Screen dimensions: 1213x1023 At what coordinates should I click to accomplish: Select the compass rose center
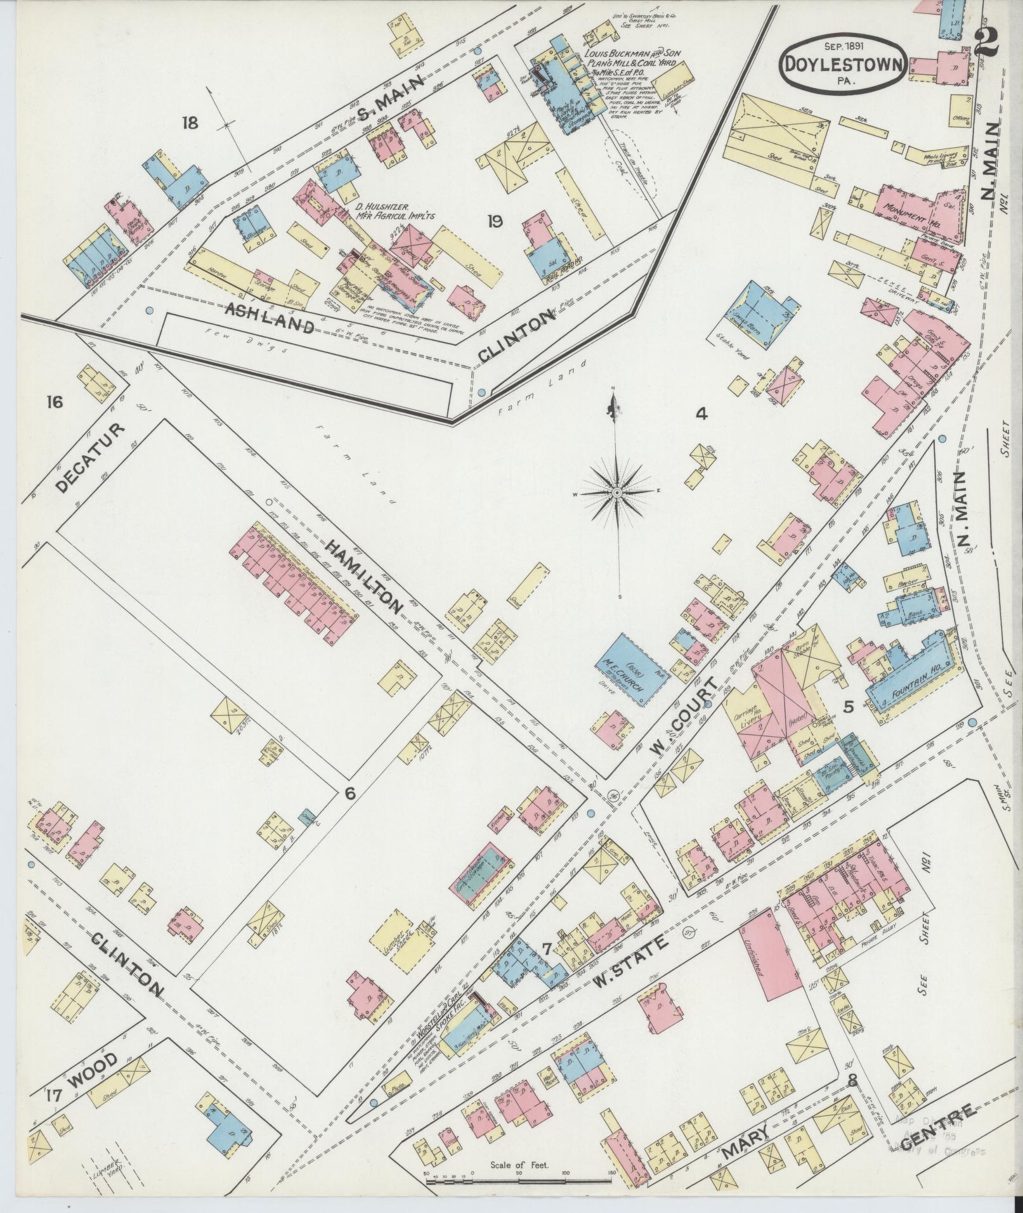616,493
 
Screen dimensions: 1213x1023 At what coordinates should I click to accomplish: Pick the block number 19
495,221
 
